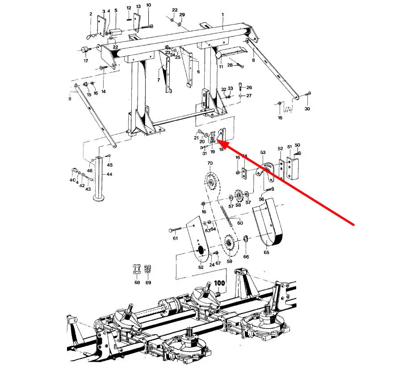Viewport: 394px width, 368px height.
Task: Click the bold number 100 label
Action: (219, 283)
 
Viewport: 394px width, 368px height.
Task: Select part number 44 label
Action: (109, 174)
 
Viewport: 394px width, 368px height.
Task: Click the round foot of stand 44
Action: (99, 199)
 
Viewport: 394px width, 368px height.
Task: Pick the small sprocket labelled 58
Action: (238, 196)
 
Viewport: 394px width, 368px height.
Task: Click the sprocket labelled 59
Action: (228, 243)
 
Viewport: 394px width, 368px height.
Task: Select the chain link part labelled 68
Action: (137, 270)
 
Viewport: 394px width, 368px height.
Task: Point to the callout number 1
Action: (222, 15)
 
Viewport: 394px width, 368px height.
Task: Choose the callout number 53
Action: (263, 152)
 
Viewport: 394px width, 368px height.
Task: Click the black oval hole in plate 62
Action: (201, 250)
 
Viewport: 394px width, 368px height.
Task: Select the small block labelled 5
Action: (115, 33)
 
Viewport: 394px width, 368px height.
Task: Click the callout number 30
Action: (307, 109)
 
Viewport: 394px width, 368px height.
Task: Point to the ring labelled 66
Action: (246, 238)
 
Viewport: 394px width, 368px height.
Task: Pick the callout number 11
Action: (221, 67)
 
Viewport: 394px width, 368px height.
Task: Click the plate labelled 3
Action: (101, 26)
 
